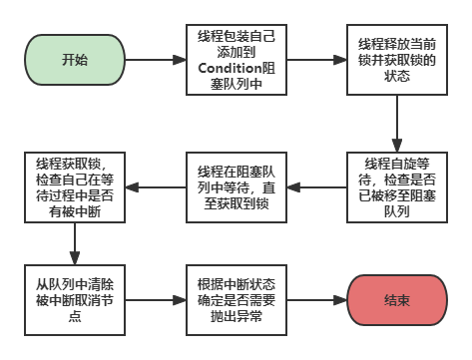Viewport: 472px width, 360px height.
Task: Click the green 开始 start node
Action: (74, 60)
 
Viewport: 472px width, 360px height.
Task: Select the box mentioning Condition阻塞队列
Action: (236, 60)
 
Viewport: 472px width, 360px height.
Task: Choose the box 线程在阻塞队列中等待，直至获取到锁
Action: (236, 184)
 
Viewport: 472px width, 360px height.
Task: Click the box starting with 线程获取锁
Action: (74, 184)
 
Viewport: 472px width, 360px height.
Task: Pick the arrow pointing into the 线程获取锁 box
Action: (155, 184)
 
